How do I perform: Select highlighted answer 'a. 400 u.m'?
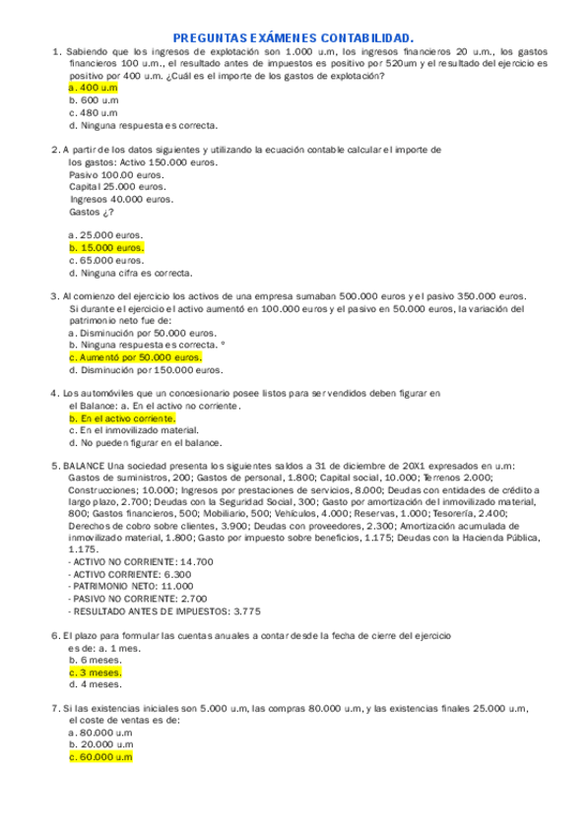click(93, 87)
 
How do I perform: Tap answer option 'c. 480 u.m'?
click(93, 112)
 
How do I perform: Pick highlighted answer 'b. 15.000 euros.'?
click(106, 248)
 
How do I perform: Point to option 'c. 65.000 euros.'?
click(106, 261)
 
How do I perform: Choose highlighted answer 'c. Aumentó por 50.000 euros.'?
click(135, 357)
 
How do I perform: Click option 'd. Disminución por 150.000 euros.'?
click(146, 370)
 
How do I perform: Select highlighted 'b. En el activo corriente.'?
click(121, 418)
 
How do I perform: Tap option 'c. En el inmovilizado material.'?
click(133, 430)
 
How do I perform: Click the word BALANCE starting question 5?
click(85, 466)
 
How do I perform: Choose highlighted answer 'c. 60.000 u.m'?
click(100, 757)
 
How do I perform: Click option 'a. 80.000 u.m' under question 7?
click(100, 733)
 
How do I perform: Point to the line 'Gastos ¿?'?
click(92, 212)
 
